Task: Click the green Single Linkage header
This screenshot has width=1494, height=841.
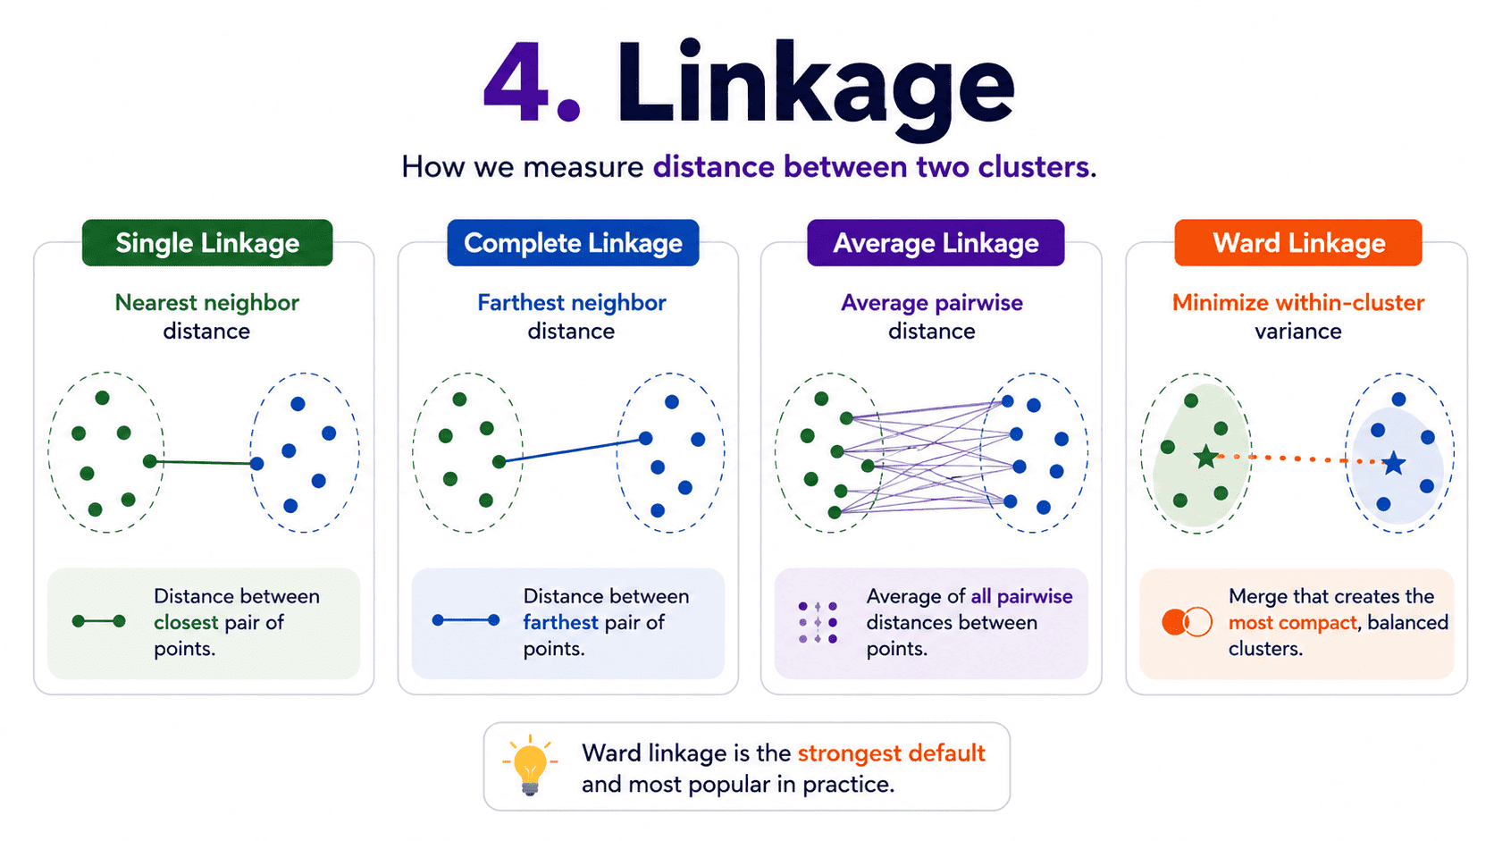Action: point(207,243)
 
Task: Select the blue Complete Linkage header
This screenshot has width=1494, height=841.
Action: point(573,243)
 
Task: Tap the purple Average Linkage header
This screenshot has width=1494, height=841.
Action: point(936,243)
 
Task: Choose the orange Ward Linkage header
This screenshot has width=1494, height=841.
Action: point(1298,243)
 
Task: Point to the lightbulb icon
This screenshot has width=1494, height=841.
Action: point(530,766)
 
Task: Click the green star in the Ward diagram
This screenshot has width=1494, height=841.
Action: point(1206,457)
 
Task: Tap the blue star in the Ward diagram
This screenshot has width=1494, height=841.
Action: point(1394,463)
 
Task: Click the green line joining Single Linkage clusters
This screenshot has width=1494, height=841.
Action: point(204,462)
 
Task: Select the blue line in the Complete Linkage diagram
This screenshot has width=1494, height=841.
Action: point(572,450)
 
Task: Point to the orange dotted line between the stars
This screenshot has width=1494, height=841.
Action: point(1300,458)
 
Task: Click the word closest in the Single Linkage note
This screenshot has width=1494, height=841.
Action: point(186,622)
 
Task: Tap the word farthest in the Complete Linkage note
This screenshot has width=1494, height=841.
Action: point(560,622)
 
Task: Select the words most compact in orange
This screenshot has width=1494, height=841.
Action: point(1293,623)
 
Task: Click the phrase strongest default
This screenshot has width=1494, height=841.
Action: point(891,753)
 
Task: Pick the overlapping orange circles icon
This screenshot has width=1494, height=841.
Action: point(1187,622)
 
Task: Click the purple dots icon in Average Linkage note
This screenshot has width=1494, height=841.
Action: point(818,622)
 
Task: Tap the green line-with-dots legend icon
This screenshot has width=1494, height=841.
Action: point(98,621)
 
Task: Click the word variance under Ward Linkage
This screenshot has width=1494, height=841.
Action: point(1298,332)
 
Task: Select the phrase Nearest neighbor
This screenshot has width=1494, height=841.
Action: point(206,303)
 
